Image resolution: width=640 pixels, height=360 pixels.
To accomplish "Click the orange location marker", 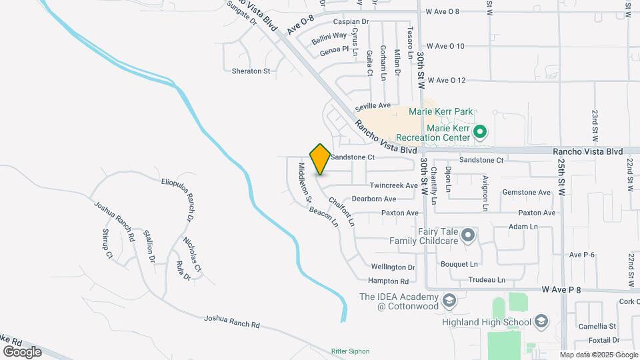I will click(x=320, y=159).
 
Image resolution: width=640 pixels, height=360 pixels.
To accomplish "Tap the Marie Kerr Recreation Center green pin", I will click(x=479, y=133).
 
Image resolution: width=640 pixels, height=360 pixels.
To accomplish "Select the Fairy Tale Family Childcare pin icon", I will click(x=468, y=235).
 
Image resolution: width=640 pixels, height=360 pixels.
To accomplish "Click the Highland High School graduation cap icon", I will click(x=541, y=322).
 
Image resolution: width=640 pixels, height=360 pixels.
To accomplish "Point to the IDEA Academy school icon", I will click(x=449, y=300).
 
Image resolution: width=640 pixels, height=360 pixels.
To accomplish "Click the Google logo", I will click(x=22, y=351).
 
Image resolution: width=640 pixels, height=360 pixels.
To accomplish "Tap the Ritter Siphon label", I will click(x=350, y=351).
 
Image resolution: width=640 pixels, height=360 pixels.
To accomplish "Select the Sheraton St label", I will click(x=251, y=71).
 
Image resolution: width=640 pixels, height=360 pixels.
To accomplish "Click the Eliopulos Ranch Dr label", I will click(x=178, y=198).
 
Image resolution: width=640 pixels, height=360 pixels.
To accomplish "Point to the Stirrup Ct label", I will click(x=108, y=244).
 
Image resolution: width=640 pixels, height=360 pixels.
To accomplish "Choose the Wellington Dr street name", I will click(x=393, y=267).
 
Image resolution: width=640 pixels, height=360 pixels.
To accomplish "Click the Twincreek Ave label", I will click(x=394, y=185).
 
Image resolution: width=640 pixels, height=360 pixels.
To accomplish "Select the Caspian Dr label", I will click(x=351, y=22).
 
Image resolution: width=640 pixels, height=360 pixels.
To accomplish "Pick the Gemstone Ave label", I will click(x=527, y=192).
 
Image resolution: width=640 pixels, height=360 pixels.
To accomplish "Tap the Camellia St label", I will click(x=597, y=327).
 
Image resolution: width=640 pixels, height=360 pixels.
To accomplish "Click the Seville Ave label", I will click(x=373, y=105).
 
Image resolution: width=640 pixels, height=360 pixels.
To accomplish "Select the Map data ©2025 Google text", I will click(x=598, y=355).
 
